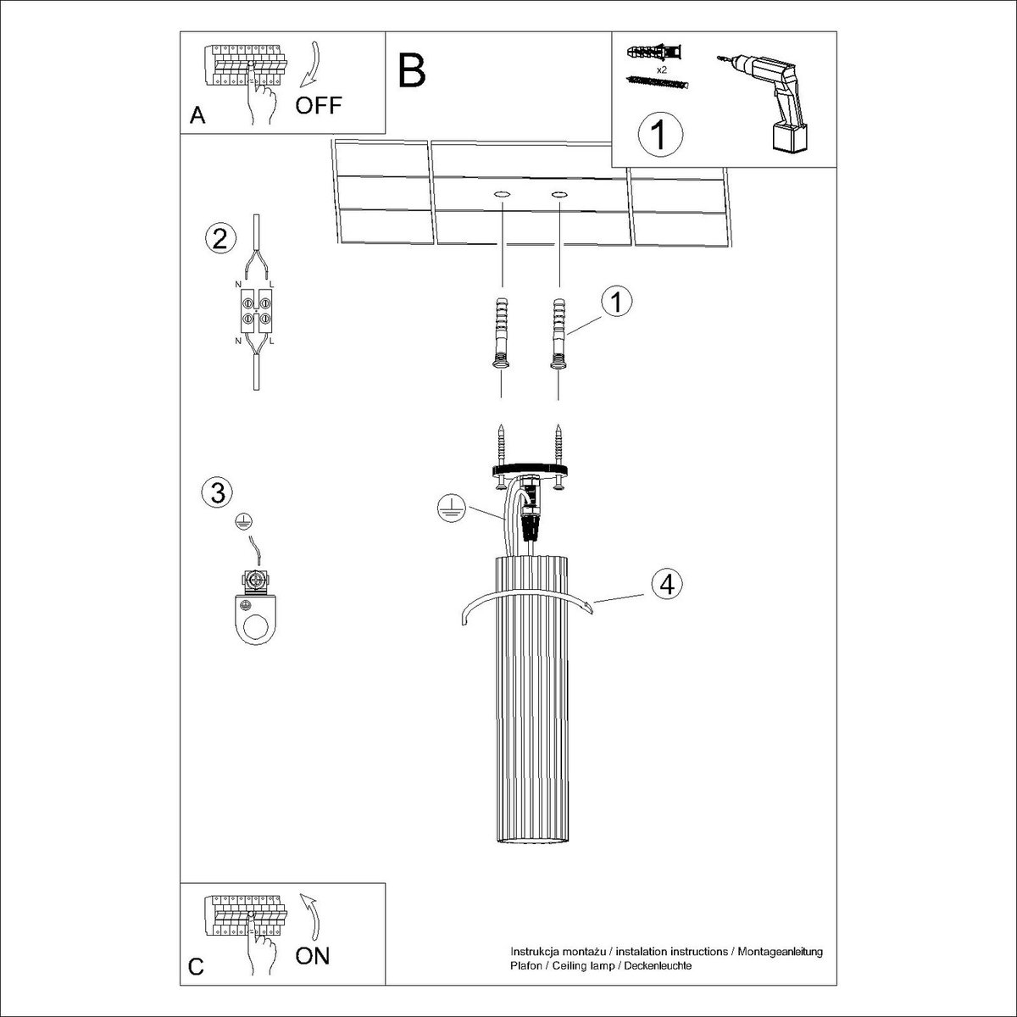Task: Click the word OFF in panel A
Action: (x=319, y=106)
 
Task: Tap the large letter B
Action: (x=412, y=70)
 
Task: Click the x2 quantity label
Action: (x=661, y=69)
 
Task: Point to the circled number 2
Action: (x=220, y=238)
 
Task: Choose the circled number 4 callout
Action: (x=667, y=584)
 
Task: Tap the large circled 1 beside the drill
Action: (x=660, y=134)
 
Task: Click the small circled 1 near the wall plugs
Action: (x=616, y=302)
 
